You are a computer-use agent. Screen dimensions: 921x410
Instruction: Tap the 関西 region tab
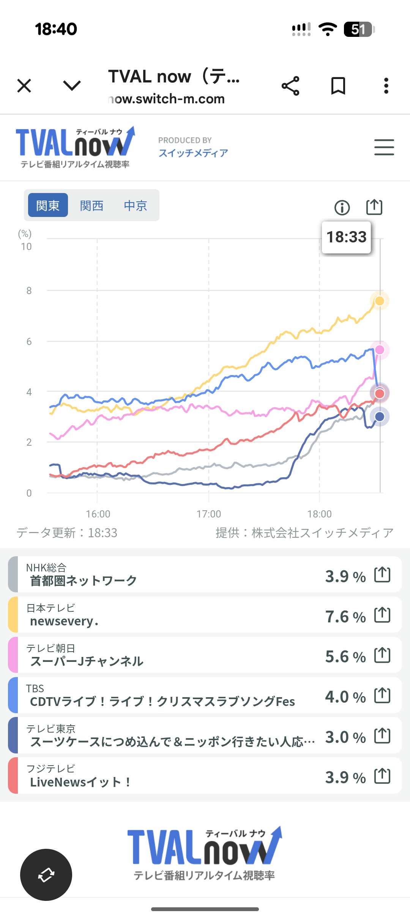pyautogui.click(x=91, y=206)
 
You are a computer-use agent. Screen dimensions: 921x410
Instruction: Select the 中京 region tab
pyautogui.click(x=136, y=206)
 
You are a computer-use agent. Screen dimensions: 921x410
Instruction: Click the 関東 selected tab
pyautogui.click(x=48, y=205)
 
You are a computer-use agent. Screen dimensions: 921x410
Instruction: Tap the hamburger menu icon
pyautogui.click(x=384, y=147)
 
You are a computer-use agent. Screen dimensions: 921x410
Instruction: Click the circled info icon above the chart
pyautogui.click(x=342, y=207)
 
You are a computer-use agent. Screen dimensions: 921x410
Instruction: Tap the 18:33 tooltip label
pyautogui.click(x=346, y=237)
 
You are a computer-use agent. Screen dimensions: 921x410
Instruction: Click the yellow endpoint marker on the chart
pyautogui.click(x=379, y=301)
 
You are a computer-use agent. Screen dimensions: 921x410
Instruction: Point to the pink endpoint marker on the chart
pyautogui.click(x=380, y=350)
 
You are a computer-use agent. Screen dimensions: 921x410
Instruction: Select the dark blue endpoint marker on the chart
pyautogui.click(x=380, y=417)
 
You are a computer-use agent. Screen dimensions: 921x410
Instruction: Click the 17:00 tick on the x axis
pyautogui.click(x=208, y=514)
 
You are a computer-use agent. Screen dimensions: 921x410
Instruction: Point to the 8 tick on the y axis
pyautogui.click(x=29, y=291)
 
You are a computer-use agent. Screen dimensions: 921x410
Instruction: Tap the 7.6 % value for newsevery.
pyautogui.click(x=345, y=616)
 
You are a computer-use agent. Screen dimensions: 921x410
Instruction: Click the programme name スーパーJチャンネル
pyautogui.click(x=87, y=661)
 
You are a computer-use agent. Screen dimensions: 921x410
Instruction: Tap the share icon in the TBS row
pyautogui.click(x=382, y=695)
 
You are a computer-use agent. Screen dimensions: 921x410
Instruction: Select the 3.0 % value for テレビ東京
pyautogui.click(x=345, y=737)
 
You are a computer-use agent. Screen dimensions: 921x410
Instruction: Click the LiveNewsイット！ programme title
pyautogui.click(x=80, y=782)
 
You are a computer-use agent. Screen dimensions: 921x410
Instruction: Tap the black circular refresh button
pyautogui.click(x=46, y=875)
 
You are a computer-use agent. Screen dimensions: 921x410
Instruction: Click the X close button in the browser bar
pyautogui.click(x=24, y=85)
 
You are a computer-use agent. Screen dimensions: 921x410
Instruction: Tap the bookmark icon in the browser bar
pyautogui.click(x=338, y=85)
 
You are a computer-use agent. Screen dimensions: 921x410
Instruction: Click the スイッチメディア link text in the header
pyautogui.click(x=193, y=153)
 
